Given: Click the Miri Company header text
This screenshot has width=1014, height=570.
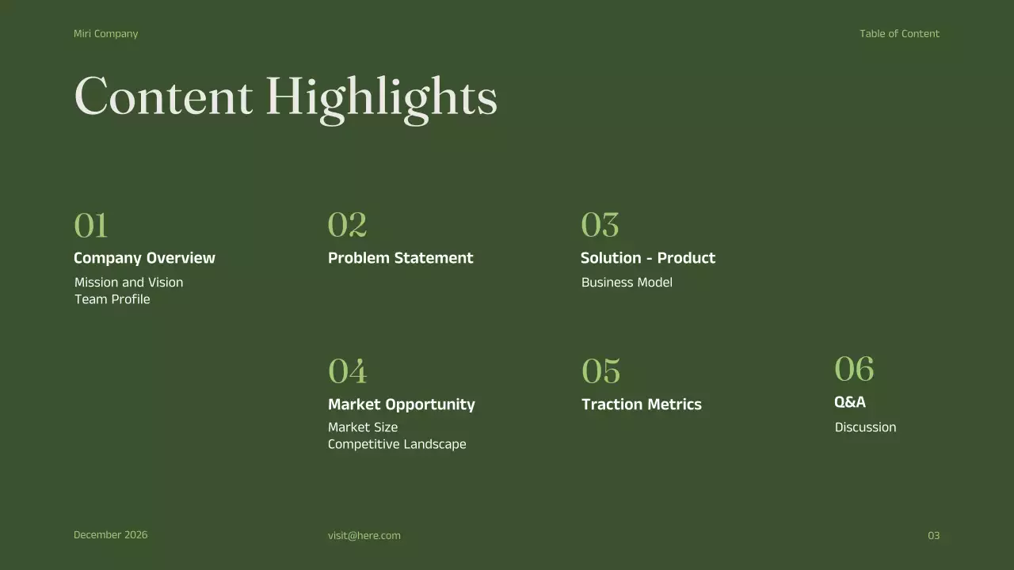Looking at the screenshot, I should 105,34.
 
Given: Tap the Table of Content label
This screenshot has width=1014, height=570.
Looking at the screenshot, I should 899,34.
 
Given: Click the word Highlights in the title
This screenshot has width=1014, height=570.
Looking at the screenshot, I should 381,98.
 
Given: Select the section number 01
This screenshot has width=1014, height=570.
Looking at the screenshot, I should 90,226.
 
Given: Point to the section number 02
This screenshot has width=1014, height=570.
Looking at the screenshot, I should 347,226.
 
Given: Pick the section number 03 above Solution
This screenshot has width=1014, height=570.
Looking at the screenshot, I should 600,226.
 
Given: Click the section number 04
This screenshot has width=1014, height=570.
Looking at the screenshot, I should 347,371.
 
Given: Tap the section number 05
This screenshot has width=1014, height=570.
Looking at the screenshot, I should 600,371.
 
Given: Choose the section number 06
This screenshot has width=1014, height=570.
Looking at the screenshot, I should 854,369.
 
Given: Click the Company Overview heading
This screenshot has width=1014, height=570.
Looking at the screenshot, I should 144,258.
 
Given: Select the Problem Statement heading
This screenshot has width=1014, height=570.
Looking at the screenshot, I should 400,258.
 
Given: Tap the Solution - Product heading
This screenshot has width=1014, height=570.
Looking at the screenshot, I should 647,258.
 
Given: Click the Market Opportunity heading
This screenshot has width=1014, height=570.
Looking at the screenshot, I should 401,405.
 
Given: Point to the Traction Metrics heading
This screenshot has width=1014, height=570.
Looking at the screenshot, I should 641,405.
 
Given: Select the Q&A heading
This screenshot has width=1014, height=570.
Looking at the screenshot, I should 849,402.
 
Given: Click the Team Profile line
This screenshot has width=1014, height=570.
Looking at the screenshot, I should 112,299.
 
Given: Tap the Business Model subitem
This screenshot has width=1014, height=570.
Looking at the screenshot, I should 626,283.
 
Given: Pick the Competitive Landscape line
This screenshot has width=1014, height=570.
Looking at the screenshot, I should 396,444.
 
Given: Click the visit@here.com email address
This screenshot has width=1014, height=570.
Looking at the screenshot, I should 364,536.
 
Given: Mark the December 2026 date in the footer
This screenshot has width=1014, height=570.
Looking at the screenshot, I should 110,535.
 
